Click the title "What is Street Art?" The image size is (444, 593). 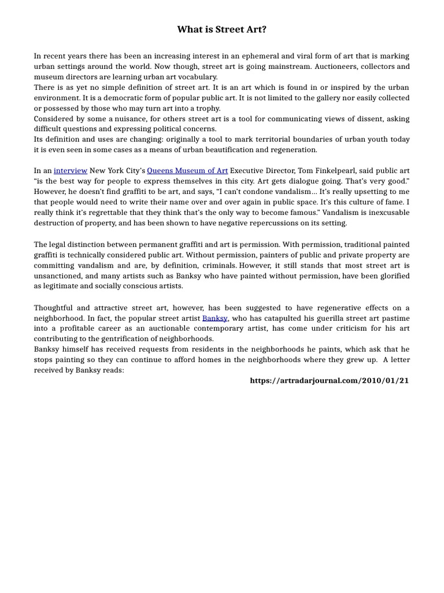(x=221, y=30)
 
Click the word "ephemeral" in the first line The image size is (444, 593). (x=262, y=56)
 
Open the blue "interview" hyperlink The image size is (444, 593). (x=71, y=171)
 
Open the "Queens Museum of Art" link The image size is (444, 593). (x=187, y=171)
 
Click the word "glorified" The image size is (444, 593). (x=394, y=276)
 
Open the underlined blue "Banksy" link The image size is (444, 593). (x=214, y=319)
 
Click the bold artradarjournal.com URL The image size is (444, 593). (x=329, y=381)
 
